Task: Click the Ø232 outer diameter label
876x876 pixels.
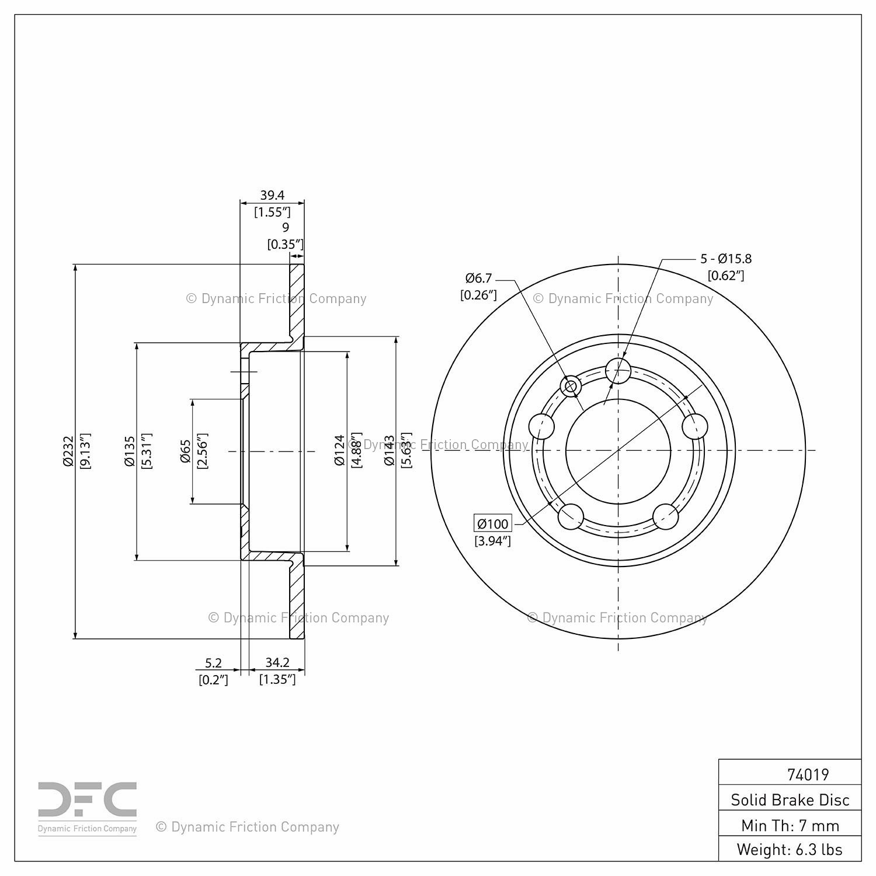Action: (x=68, y=451)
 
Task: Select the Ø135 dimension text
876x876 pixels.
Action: (x=130, y=451)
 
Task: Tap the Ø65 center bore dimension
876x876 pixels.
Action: (x=186, y=451)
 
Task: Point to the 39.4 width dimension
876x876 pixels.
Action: (x=272, y=195)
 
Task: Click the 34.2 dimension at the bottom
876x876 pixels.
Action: (x=277, y=663)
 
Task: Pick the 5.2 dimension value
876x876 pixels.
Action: (x=213, y=663)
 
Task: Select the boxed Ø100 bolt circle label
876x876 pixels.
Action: (x=493, y=523)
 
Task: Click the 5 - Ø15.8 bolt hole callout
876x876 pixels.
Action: (x=726, y=258)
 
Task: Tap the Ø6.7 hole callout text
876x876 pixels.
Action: (x=479, y=278)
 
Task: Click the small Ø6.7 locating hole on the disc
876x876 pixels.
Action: (x=570, y=386)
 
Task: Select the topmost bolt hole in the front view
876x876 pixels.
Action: (x=618, y=370)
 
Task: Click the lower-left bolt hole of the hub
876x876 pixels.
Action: (x=571, y=516)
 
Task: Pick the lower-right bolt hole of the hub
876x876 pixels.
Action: (x=666, y=516)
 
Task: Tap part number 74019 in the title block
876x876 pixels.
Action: (x=808, y=774)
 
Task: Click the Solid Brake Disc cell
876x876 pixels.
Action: (x=790, y=799)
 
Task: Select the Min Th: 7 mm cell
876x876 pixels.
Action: (x=790, y=825)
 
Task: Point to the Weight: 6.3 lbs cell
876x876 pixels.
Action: (x=790, y=849)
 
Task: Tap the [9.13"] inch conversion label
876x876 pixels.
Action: (x=85, y=451)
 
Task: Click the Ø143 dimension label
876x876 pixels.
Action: (x=390, y=451)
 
